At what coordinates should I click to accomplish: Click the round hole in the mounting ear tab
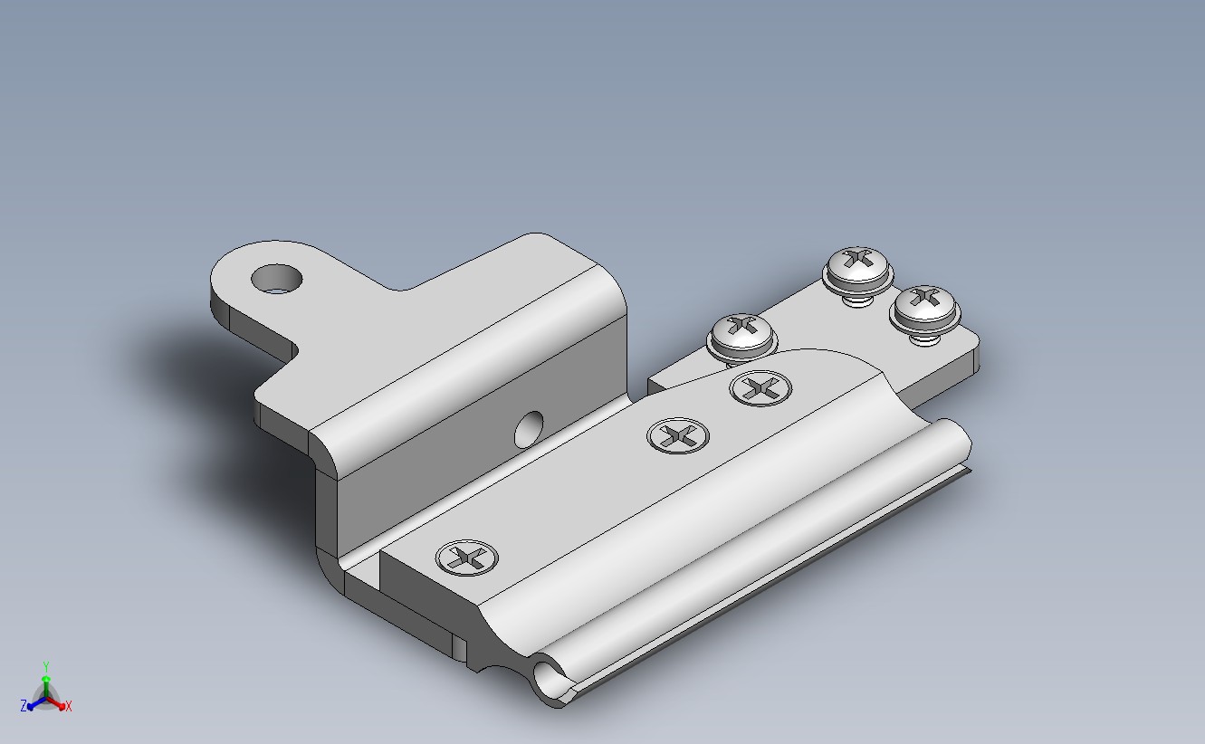pos(276,279)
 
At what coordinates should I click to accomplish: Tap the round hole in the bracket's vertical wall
pos(530,429)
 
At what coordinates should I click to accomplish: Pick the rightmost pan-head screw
pos(924,309)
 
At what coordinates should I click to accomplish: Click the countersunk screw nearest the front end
pos(467,558)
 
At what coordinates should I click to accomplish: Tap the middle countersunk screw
pos(678,435)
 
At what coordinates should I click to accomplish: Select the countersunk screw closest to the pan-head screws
pos(760,388)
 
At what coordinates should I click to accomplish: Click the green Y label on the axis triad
pos(46,667)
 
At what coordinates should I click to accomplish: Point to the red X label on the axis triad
pos(68,707)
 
